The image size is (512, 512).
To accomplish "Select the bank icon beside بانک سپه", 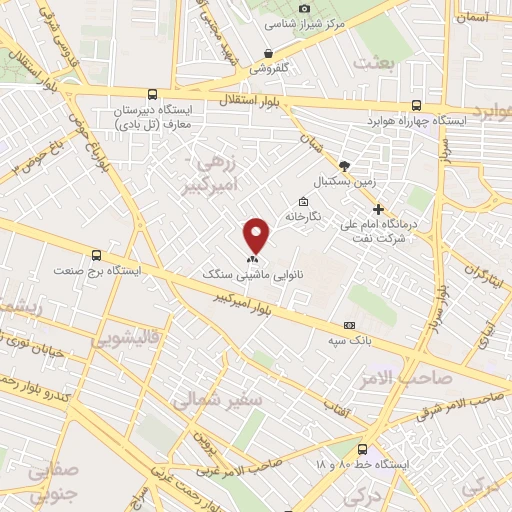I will (x=349, y=325).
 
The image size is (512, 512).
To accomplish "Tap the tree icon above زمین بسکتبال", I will (x=345, y=166).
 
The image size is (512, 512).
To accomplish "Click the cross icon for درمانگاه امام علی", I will (x=378, y=209).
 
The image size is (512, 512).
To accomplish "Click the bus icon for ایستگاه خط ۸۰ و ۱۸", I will (x=362, y=449).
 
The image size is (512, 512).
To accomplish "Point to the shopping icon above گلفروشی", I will (x=268, y=53).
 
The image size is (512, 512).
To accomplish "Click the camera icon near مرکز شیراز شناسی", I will (x=305, y=8).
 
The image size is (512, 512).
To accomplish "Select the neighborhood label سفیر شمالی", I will (x=218, y=401).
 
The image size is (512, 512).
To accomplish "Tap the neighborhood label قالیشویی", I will (x=126, y=339).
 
